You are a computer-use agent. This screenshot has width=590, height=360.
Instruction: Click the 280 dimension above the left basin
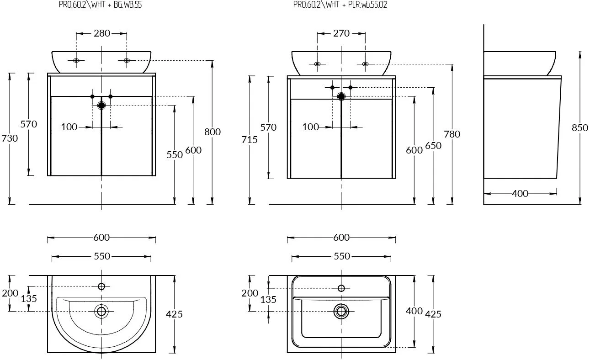[101, 33]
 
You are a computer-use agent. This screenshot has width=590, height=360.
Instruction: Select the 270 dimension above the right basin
[341, 33]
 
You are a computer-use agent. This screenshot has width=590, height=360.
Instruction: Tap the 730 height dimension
[10, 138]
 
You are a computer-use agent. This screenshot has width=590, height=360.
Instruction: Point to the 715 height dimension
[250, 140]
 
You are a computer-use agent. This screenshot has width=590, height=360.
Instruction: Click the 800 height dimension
[213, 132]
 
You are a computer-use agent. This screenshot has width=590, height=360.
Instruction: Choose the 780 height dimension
[452, 134]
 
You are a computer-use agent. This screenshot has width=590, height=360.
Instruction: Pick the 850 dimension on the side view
[580, 128]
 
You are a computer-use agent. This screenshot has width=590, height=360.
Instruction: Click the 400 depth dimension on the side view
[520, 193]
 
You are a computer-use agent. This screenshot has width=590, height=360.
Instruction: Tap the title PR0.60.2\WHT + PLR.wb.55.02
[340, 5]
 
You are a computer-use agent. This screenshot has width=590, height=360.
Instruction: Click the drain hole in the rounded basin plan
[101, 311]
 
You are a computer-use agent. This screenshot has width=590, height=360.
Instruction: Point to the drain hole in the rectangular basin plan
[341, 311]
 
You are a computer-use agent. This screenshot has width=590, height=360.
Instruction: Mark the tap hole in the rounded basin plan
[101, 286]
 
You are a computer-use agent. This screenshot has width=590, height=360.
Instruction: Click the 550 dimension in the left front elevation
[175, 154]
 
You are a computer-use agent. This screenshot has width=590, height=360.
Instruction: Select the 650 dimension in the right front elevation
[433, 145]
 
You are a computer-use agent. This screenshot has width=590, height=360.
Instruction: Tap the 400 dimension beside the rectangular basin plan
[414, 311]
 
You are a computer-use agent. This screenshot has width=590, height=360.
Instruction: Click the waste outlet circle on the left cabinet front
[101, 106]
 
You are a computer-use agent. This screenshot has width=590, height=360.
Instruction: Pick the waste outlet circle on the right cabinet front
[341, 96]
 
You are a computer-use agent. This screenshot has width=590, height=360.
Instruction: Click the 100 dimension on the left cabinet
[69, 127]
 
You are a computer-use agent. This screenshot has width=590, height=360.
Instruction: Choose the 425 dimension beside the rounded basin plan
[175, 314]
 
